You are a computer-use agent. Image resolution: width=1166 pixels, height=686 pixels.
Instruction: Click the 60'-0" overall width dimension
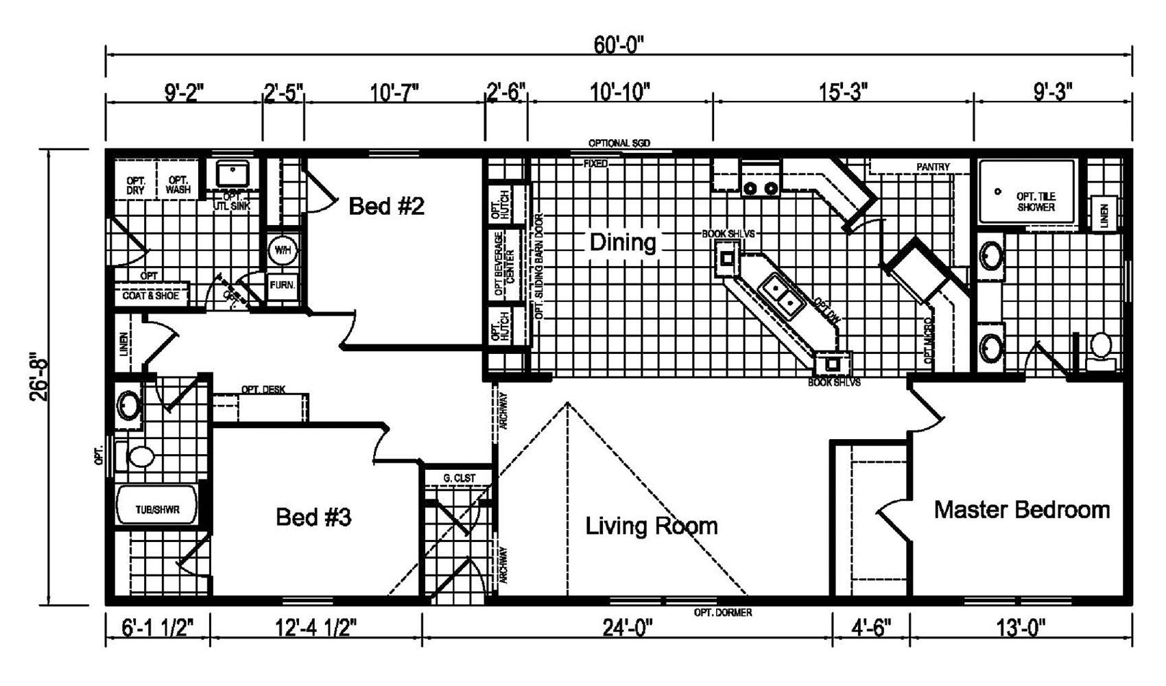[619, 45]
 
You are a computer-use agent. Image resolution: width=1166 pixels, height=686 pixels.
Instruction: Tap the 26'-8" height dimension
[40, 379]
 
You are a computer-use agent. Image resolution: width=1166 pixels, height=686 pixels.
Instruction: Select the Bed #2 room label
[386, 206]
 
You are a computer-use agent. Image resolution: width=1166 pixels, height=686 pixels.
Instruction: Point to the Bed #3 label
[313, 517]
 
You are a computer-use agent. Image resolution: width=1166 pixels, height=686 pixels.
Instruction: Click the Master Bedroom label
[1023, 510]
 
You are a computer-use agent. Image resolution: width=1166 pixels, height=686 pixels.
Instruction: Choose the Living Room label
[652, 525]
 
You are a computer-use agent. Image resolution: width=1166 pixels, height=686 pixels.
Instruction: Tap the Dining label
[623, 243]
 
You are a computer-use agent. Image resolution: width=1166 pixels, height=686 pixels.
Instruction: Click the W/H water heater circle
[283, 250]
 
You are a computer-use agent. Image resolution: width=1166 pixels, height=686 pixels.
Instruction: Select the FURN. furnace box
[283, 286]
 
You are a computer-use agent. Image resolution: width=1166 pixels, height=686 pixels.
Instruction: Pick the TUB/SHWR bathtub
[156, 504]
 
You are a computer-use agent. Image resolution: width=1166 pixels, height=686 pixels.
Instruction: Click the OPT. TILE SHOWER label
[1036, 202]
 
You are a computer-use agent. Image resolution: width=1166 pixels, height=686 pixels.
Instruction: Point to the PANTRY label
[933, 167]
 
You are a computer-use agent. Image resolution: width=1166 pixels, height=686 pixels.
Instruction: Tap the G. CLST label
[460, 478]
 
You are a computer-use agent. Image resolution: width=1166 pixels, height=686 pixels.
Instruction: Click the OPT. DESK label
[263, 390]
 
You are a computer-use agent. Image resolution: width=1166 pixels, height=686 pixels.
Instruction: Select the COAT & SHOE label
[150, 296]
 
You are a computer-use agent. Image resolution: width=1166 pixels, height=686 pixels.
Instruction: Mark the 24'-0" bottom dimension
[628, 628]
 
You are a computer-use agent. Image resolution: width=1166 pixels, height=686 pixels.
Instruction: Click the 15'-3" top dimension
[844, 92]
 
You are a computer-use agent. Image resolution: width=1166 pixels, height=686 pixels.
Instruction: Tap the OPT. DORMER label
[723, 613]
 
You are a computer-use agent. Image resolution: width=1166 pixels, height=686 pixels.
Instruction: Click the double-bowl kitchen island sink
[783, 294]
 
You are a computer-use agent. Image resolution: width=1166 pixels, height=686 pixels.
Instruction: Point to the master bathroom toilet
[1102, 352]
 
